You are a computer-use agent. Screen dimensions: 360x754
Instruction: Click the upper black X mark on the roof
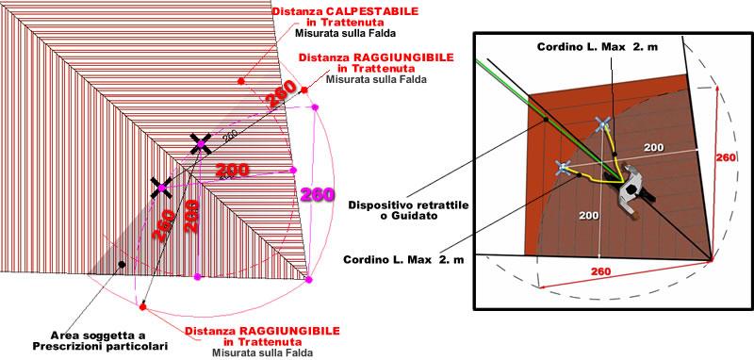(x=200, y=143)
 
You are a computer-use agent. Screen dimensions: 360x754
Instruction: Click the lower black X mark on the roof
(x=161, y=188)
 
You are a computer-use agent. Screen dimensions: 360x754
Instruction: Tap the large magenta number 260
(x=319, y=196)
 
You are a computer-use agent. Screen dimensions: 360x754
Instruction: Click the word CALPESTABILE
(x=343, y=10)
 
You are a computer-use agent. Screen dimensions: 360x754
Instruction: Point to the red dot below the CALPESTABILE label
(x=242, y=82)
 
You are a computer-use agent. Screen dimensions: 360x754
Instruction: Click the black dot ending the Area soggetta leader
(x=122, y=265)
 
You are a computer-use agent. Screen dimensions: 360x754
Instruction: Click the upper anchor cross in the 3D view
(x=601, y=123)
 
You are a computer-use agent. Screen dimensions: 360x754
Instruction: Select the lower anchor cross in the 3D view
(x=563, y=169)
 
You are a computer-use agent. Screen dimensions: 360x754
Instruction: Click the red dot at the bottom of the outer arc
(x=142, y=307)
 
